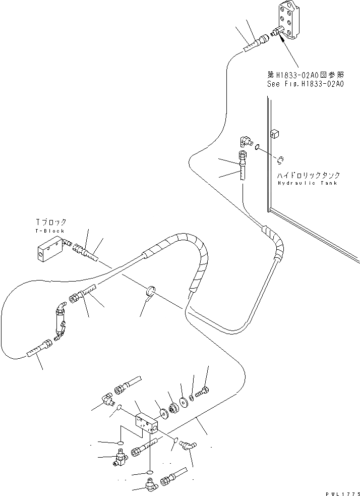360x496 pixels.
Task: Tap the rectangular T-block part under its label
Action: tap(49, 250)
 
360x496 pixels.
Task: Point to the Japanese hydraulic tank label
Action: tap(309, 175)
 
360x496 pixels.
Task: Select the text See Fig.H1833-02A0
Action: tap(305, 84)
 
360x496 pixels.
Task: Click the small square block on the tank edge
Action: tap(275, 134)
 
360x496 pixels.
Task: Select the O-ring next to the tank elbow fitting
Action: tap(257, 147)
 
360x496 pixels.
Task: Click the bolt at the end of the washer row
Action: tap(204, 391)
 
